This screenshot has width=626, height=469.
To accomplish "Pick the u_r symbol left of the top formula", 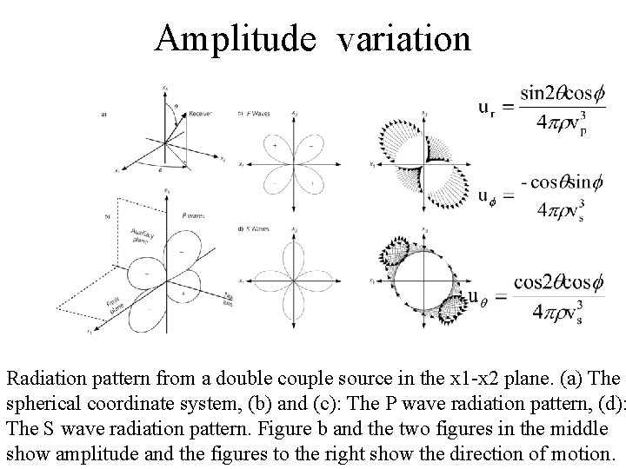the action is pos(489,108).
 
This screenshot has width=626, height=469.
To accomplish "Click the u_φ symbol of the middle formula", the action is pos(489,195).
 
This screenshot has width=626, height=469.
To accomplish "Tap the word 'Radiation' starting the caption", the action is pos(43,380).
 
